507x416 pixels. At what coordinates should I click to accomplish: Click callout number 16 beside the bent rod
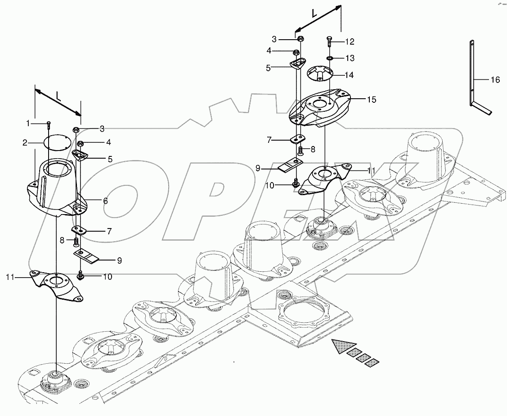click(495, 80)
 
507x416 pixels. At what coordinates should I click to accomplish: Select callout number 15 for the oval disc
click(372, 99)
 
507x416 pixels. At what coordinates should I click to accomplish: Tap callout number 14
click(349, 74)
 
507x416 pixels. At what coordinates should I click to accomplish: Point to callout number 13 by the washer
click(350, 58)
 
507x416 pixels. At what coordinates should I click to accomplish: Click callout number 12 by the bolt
click(350, 41)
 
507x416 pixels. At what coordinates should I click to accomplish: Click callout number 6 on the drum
click(105, 201)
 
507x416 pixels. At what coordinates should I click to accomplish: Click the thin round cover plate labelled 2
click(57, 143)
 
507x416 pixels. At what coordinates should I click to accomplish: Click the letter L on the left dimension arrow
click(58, 95)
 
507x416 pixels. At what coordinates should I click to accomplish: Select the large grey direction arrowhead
click(341, 346)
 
